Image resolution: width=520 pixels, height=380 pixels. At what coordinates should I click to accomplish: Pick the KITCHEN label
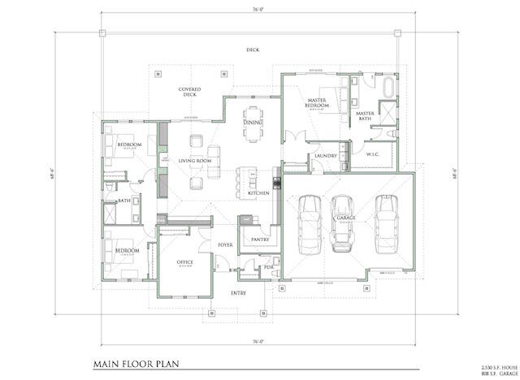tap(258, 192)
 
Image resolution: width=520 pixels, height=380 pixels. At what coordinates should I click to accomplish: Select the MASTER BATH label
tap(365, 116)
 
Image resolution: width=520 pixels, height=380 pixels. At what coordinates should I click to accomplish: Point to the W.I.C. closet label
tap(374, 154)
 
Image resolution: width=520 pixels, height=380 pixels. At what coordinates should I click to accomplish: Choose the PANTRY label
tap(260, 240)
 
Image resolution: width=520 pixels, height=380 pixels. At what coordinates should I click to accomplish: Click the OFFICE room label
tap(184, 263)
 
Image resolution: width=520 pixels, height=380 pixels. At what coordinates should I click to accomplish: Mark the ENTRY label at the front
tap(238, 293)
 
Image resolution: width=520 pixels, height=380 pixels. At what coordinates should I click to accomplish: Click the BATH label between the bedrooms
tap(124, 201)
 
